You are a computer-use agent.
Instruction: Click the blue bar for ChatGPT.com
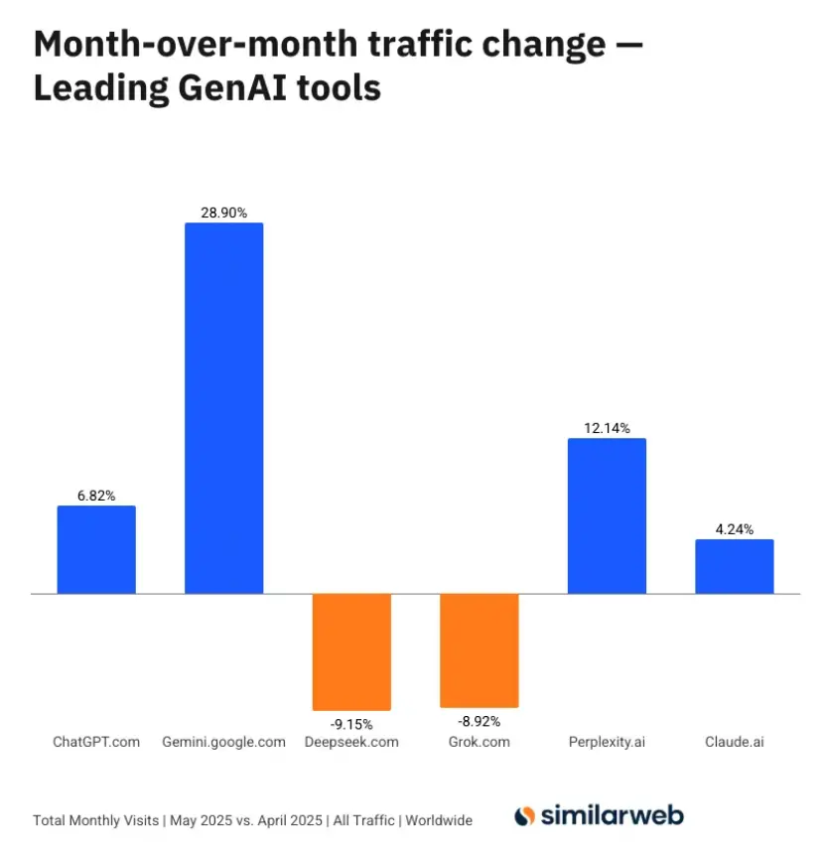96,549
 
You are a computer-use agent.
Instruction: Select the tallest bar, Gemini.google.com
224,408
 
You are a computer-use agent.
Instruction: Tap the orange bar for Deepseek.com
351,651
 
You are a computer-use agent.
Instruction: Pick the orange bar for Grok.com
479,650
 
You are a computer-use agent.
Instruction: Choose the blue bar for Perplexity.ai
607,516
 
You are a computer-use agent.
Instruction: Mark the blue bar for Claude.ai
734,566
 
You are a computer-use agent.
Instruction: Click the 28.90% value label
223,213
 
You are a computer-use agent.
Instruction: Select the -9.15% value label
351,720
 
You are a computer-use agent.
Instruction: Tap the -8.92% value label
479,719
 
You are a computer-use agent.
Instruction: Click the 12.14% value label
607,428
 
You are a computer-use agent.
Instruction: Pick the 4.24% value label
734,529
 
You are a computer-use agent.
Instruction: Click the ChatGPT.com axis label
96,742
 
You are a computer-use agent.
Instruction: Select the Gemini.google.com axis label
223,742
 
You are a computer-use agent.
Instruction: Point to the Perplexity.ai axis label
607,742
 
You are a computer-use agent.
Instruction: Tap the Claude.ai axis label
734,742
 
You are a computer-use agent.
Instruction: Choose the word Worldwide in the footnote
437,821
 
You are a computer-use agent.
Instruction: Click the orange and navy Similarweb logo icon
525,817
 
